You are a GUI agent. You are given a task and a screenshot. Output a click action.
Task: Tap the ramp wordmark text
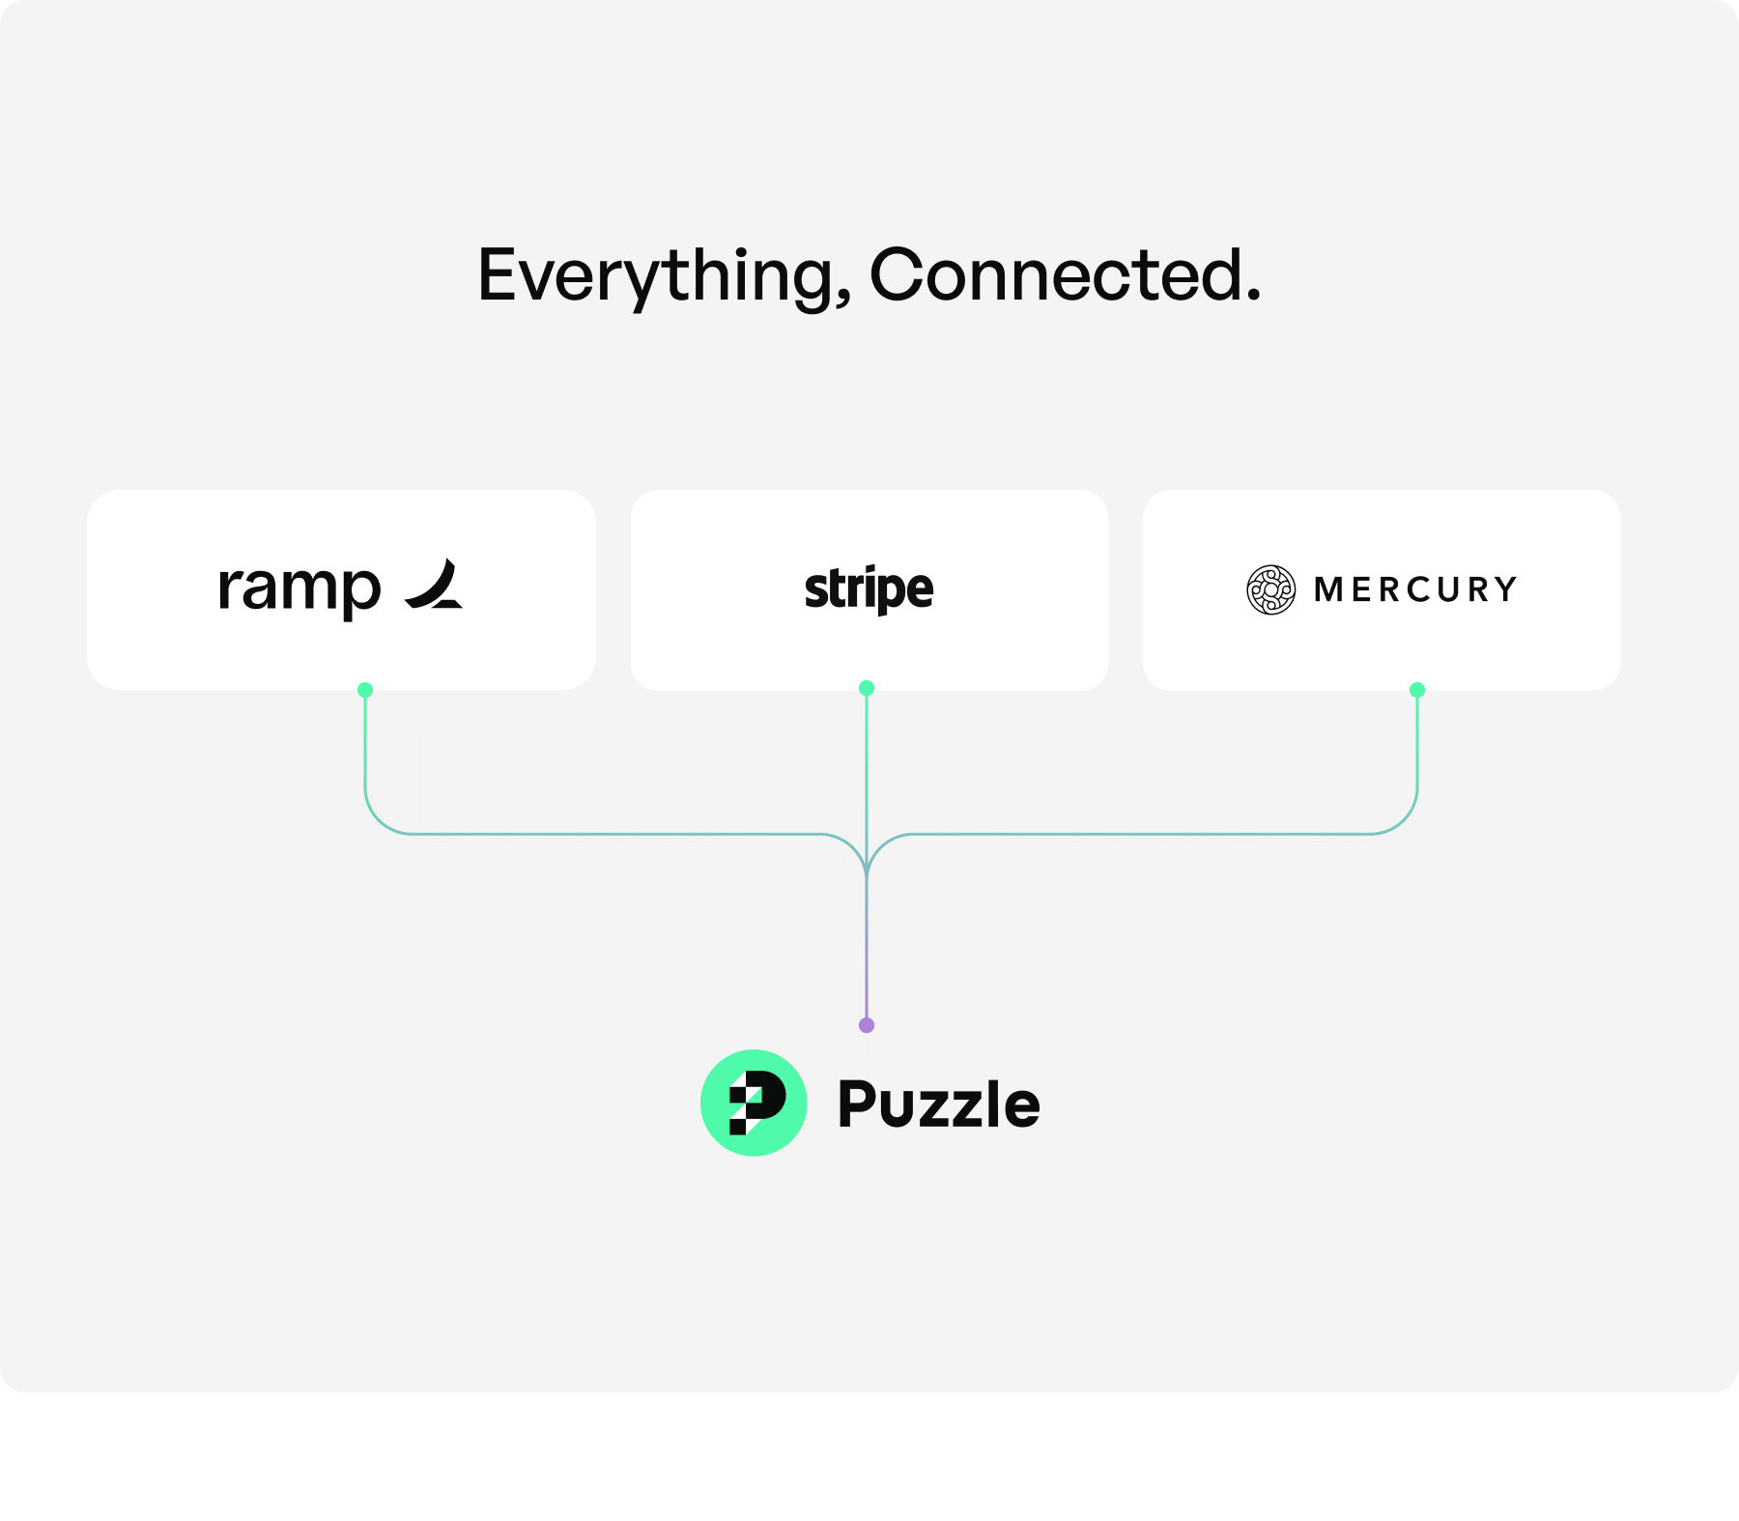coord(299,588)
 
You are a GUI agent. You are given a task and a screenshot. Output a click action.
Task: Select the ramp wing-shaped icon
coord(435,586)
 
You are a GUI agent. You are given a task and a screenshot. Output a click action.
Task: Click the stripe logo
coord(869,588)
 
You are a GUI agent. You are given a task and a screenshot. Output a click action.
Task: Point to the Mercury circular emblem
coord(1270,589)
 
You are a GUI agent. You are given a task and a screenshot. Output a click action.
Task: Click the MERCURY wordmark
coord(1415,589)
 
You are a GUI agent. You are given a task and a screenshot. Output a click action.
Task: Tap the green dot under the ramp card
coord(365,690)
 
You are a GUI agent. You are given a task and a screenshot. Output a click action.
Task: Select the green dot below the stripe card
coord(867,688)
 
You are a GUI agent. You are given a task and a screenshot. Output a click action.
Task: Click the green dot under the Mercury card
coord(1417,690)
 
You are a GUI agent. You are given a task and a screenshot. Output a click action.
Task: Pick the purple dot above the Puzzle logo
coord(867,1025)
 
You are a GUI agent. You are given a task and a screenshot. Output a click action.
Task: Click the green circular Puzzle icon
coord(754,1103)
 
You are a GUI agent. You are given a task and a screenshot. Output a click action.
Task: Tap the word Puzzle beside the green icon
coord(938,1104)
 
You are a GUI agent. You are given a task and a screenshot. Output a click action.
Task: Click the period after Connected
coord(1253,297)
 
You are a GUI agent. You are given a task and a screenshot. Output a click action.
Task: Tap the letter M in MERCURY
coord(1328,589)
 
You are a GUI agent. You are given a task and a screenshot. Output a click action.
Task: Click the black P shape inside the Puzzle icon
coord(759,1101)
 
